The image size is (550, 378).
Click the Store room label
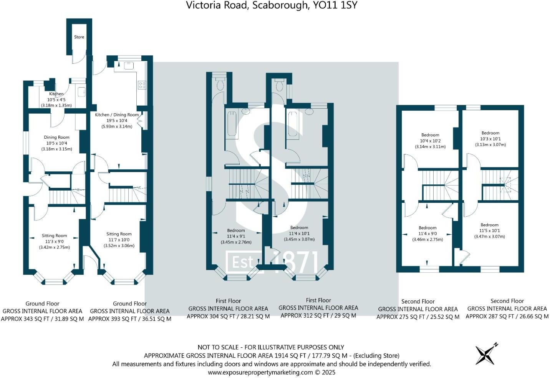(79, 37)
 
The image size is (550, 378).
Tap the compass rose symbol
(485, 353)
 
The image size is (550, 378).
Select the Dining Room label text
(56, 137)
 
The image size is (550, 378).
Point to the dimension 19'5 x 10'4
(117, 120)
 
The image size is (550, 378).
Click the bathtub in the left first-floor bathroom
(232, 124)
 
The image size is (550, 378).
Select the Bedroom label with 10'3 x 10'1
(490, 133)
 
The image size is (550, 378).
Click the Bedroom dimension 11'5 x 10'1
(489, 231)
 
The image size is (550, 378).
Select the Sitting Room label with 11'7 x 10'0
(119, 234)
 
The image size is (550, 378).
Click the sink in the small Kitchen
(81, 91)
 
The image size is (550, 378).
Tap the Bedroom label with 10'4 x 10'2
(430, 135)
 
